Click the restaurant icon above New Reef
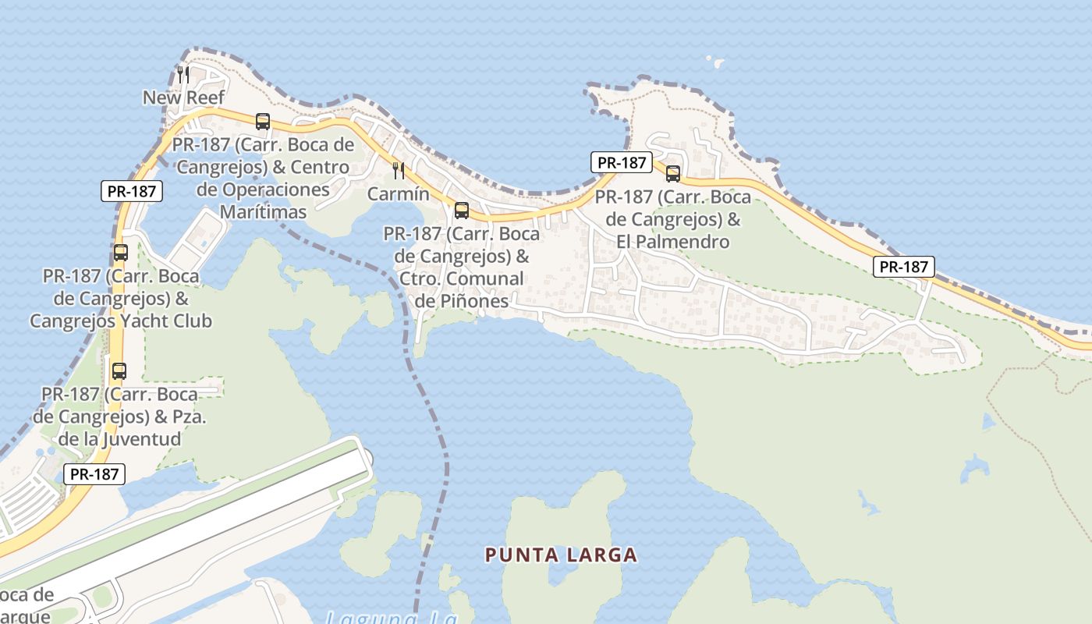pos(183,75)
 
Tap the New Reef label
pos(183,97)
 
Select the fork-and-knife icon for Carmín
pos(399,171)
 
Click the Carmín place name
pos(399,194)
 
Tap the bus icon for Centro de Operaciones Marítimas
pos(263,122)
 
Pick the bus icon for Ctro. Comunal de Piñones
pos(462,210)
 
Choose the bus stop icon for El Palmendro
pos(673,174)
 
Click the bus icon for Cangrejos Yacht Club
pos(120,253)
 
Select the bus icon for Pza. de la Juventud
pos(119,371)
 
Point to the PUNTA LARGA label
pos(562,555)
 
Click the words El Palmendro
pos(672,242)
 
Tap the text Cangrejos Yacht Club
pos(121,321)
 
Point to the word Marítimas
pos(263,211)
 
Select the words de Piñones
pos(462,301)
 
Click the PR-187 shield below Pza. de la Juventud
pos(94,473)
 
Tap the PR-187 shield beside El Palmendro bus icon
pos(621,162)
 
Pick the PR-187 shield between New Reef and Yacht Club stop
pos(132,191)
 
